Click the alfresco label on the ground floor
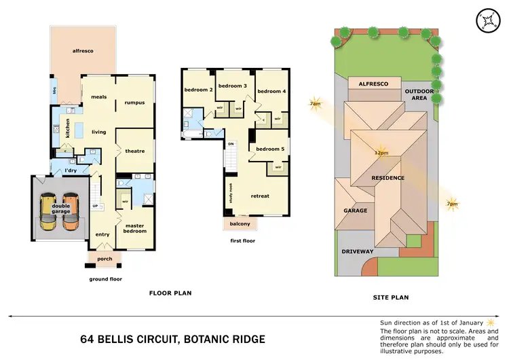tap(83, 50)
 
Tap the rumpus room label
tap(134, 103)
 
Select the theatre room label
tap(134, 151)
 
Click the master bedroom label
tap(134, 228)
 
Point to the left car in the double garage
tap(48, 211)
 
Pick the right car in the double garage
tap(72, 211)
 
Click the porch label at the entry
tap(105, 258)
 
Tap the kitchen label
tap(67, 129)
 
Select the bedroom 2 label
tap(198, 90)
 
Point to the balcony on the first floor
tap(240, 223)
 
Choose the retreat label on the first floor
tap(260, 196)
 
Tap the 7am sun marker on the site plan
tap(315, 104)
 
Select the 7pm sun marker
tap(451, 203)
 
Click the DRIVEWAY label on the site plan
tap(357, 251)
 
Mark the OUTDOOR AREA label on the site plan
tap(419, 94)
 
